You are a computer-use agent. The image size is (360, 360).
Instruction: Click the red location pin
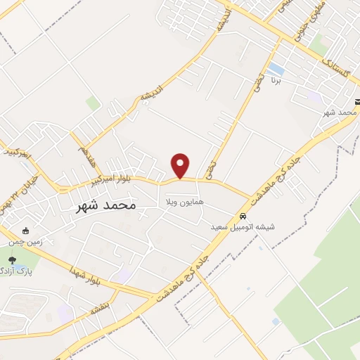pos(181,165)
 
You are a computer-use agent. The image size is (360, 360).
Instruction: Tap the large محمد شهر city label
pos(105,205)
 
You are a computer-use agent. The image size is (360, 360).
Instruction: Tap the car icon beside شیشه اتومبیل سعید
pos(243,216)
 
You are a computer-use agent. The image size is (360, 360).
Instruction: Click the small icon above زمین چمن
pos(26,231)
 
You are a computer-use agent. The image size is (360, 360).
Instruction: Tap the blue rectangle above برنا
pos(276,70)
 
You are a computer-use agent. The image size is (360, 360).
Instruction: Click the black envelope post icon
pos(355,102)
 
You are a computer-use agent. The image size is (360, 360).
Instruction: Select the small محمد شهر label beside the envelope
pos(340,112)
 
